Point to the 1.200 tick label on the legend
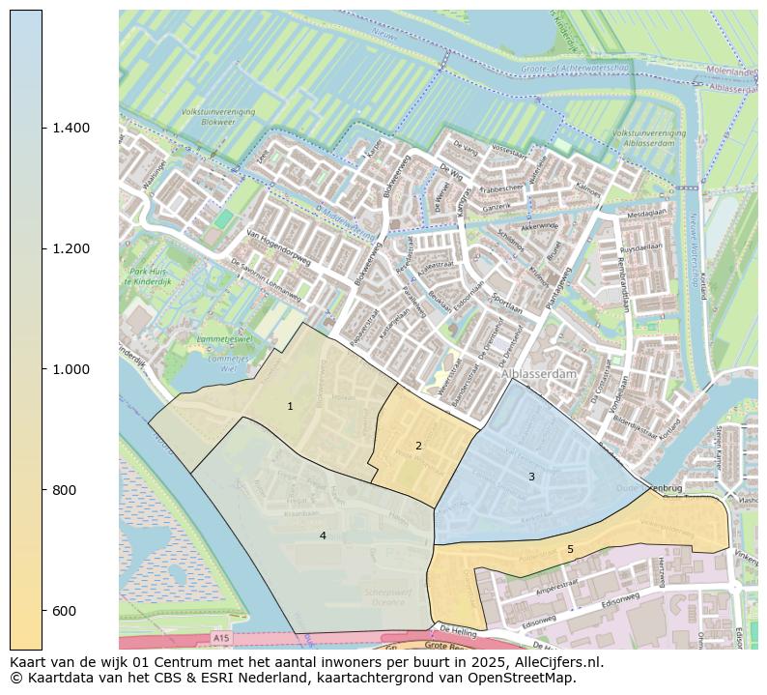click(70, 248)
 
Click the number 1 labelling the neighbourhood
click(290, 407)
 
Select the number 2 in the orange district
click(418, 446)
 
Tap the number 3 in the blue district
click(531, 477)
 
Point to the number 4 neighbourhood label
click(323, 536)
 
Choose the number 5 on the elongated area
click(570, 549)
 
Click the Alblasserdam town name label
click(538, 373)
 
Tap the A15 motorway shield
click(222, 639)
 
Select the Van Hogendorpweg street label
click(279, 248)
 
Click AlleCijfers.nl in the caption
click(557, 663)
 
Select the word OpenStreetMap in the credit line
click(523, 679)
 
